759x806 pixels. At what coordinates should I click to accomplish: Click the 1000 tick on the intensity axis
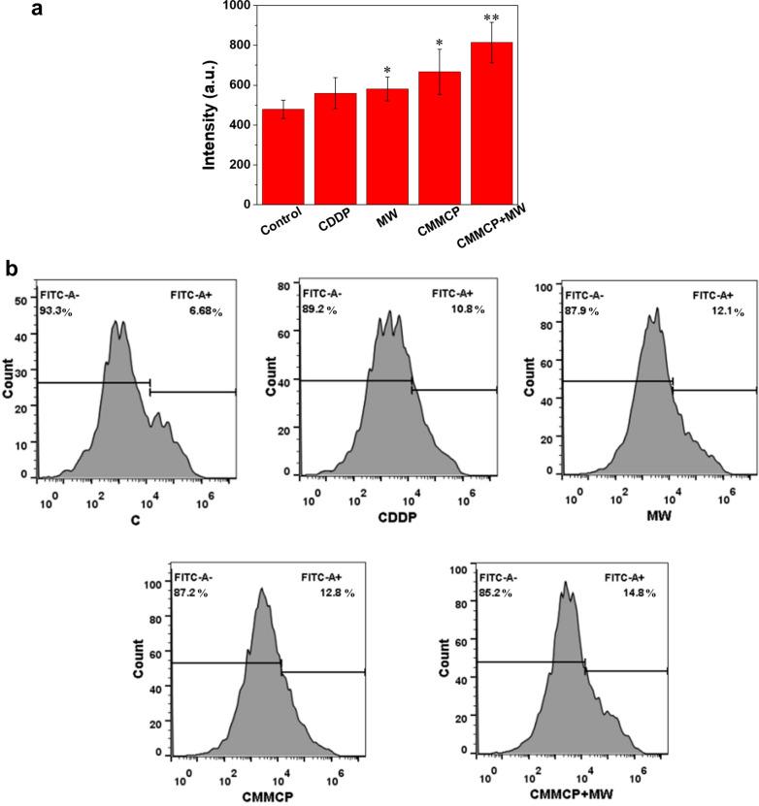233,6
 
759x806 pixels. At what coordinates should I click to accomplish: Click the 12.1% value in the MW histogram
719,310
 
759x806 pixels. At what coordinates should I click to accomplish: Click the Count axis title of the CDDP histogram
268,376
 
